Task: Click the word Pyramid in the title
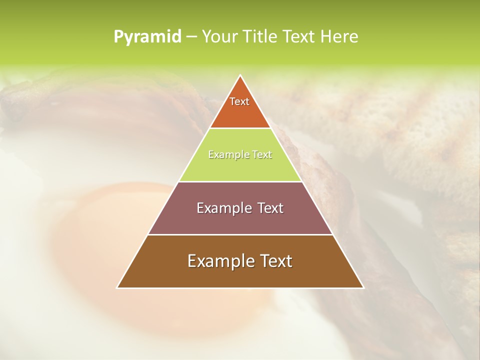147,37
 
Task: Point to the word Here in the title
339,37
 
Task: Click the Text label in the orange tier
239,101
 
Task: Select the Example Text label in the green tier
240,155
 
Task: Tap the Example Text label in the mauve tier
240,208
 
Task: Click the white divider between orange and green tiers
240,128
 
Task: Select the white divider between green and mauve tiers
240,181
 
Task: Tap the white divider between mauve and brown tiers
240,234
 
